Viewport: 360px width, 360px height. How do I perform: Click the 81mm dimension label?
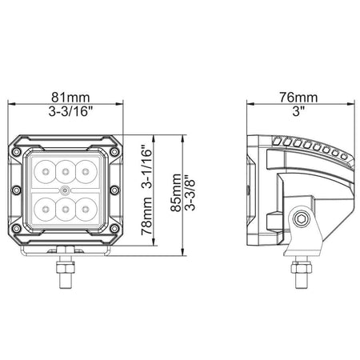click(x=70, y=98)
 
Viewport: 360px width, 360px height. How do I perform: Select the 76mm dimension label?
click(x=298, y=98)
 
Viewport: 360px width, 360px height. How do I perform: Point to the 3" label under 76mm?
click(x=298, y=111)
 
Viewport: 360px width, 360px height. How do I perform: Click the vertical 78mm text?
click(x=146, y=216)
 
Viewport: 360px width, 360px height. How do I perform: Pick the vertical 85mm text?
click(x=176, y=193)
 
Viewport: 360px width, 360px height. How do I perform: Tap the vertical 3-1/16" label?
click(x=146, y=167)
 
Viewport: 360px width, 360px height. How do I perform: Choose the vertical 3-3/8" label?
click(x=190, y=193)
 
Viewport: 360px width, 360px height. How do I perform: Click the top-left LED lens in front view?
click(x=46, y=171)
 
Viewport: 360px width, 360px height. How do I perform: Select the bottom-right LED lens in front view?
click(x=86, y=210)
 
